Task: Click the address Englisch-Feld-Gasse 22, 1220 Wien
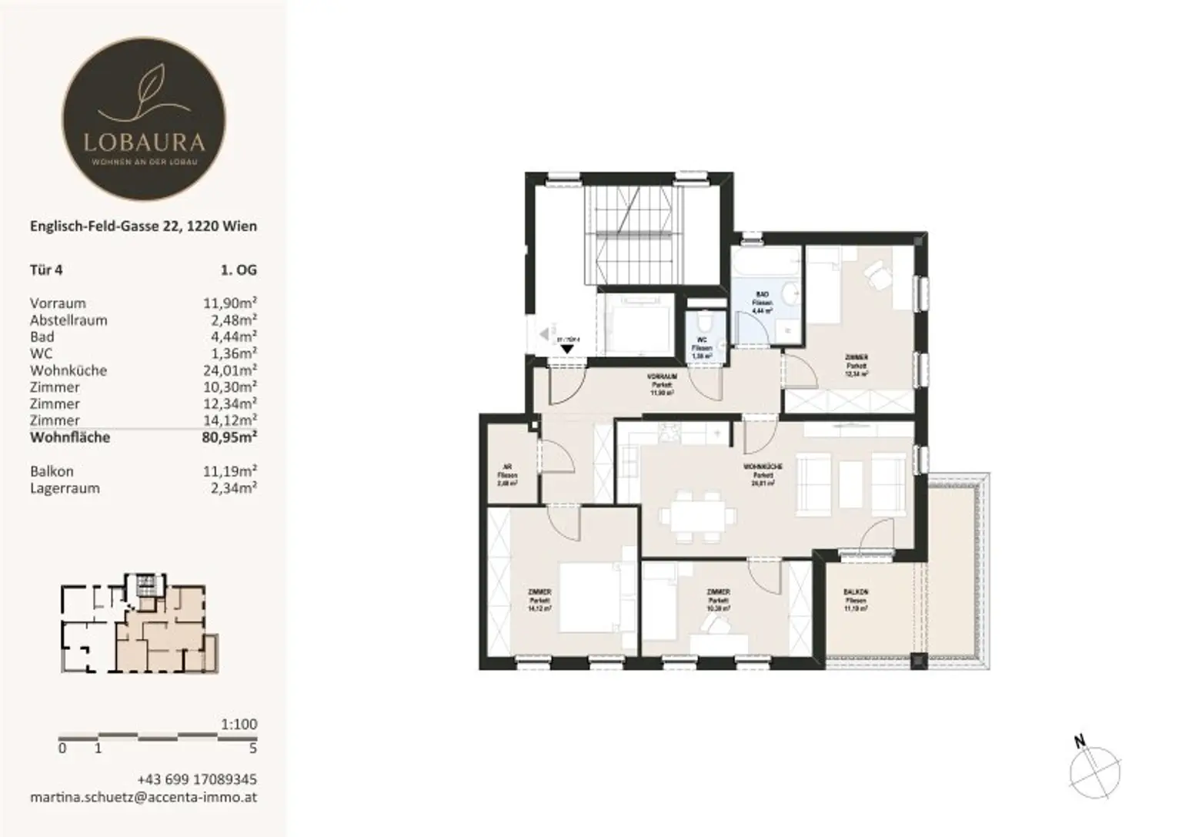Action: coord(143,226)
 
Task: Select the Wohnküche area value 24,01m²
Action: coord(229,370)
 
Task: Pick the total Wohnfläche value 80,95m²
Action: coord(229,437)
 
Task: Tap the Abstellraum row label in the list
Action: coord(68,320)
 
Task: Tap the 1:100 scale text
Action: coord(239,725)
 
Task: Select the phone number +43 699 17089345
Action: coord(197,779)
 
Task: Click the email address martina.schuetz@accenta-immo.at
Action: coord(143,797)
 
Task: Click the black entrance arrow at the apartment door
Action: coord(567,348)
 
